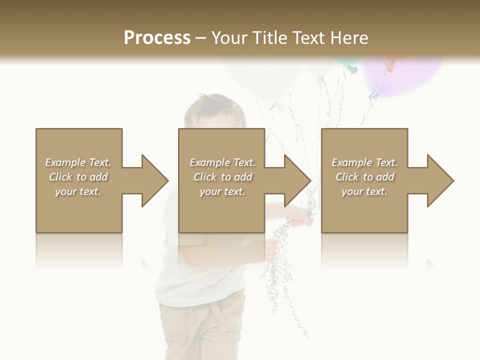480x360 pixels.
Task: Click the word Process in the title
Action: (x=157, y=38)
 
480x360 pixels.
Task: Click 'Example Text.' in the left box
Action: (x=78, y=162)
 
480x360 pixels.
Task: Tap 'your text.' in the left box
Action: (x=78, y=191)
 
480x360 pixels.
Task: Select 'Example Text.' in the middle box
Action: (x=222, y=162)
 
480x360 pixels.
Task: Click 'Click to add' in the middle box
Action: (x=222, y=177)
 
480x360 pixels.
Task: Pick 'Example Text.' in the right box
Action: (x=364, y=162)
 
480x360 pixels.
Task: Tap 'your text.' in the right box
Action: (x=364, y=191)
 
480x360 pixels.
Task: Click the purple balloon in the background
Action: (x=405, y=75)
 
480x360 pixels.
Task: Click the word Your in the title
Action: (x=229, y=38)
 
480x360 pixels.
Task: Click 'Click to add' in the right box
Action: (x=364, y=177)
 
